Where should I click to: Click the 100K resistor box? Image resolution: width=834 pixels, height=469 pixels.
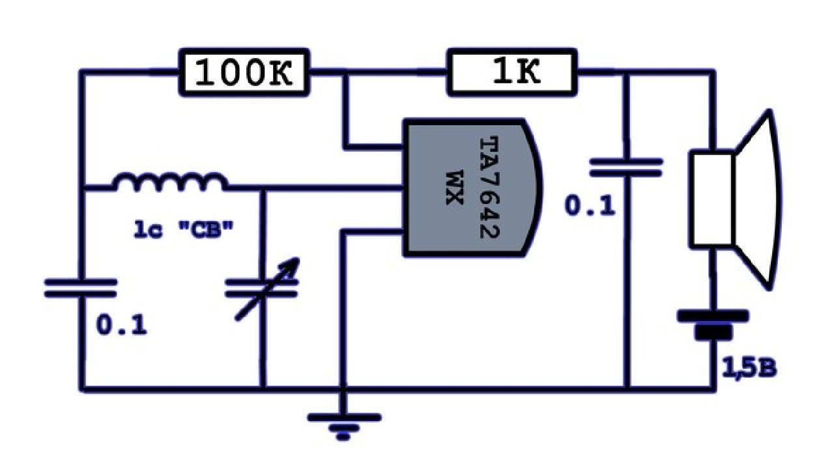pos(244,72)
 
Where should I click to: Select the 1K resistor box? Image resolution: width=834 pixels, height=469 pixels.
pos(511,72)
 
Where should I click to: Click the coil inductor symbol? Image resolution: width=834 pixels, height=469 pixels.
pos(171,182)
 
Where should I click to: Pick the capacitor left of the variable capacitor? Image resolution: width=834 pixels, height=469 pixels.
pos(81,288)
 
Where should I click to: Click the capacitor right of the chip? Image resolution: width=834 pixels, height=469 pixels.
pos(625,167)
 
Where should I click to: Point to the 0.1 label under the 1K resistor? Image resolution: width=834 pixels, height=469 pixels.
pos(590,206)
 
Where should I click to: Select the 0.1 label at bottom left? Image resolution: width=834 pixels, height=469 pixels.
pos(122,324)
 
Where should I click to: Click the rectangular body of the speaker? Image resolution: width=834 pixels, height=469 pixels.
pos(713,198)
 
